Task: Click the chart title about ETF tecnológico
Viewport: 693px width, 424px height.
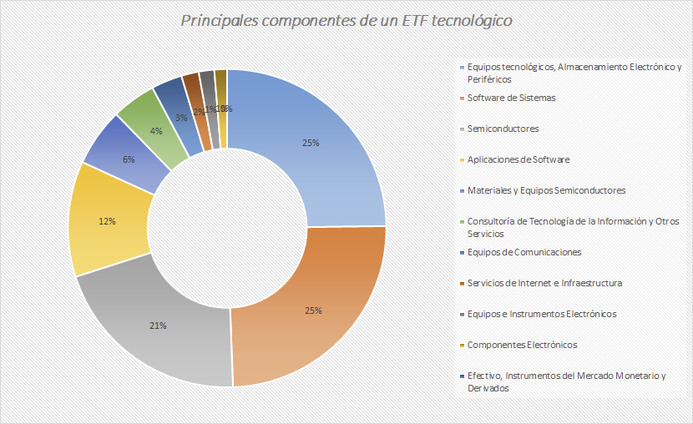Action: point(346,19)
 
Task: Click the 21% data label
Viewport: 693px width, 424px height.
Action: point(159,326)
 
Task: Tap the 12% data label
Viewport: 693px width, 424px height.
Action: point(106,222)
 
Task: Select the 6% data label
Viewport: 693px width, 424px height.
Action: point(128,159)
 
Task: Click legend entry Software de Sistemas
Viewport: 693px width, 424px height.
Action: point(511,98)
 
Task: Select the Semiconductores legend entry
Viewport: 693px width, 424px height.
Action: point(503,129)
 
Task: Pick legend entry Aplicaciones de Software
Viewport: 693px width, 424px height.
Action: point(518,159)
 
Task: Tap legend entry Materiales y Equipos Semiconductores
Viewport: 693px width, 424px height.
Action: point(546,190)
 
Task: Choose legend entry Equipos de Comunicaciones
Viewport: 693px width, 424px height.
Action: point(524,252)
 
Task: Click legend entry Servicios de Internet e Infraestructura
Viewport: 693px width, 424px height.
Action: point(544,283)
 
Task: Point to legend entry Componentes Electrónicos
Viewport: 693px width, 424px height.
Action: point(522,345)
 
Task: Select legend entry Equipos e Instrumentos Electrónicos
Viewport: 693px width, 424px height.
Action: point(542,314)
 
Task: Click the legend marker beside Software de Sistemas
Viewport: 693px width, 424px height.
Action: point(462,98)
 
